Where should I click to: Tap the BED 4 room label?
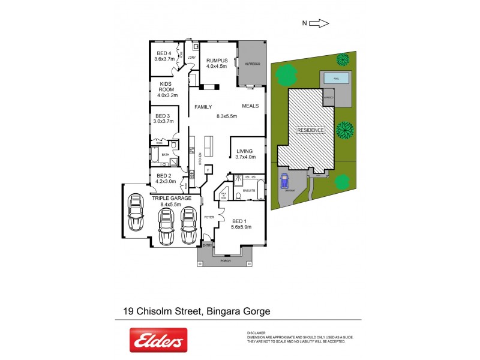[164, 53]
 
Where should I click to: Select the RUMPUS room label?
[217, 61]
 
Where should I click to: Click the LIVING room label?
[245, 151]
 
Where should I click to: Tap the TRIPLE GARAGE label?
[172, 198]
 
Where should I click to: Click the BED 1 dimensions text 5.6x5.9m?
[241, 227]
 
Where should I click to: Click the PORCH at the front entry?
[224, 261]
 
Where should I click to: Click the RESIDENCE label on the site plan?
[310, 130]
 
